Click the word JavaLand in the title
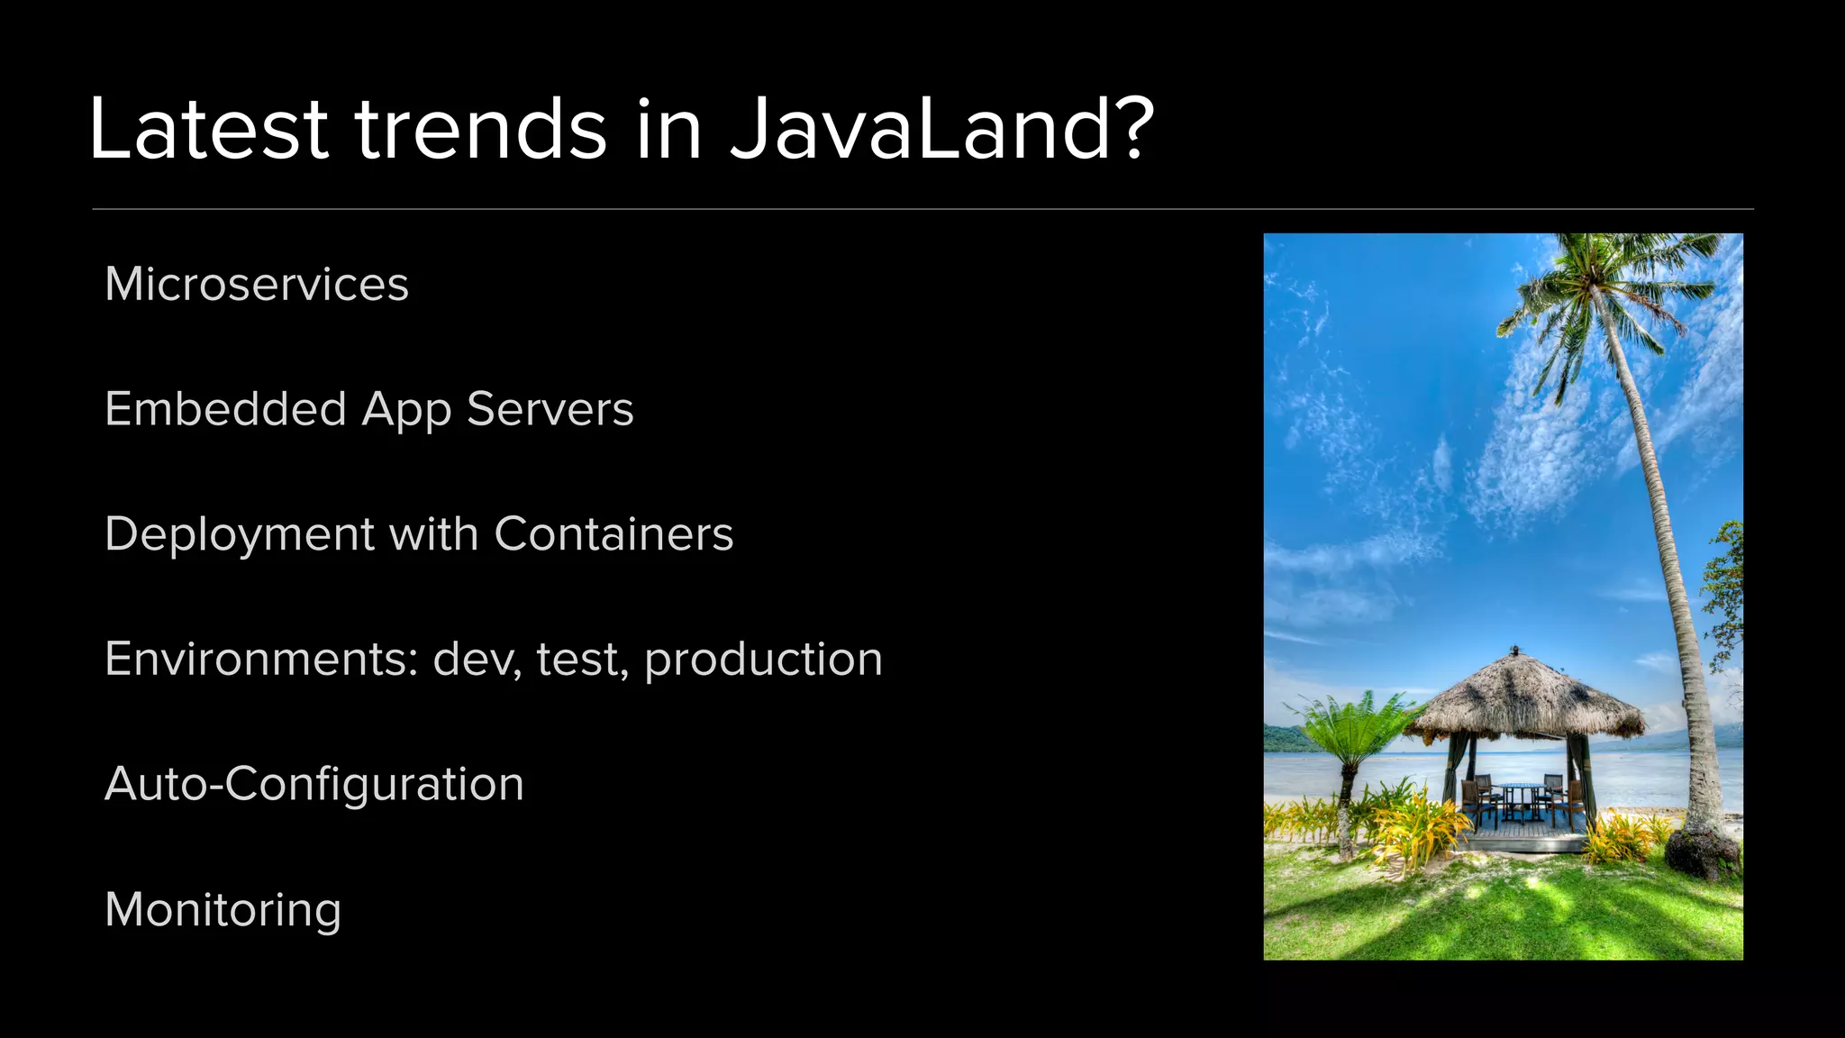point(919,131)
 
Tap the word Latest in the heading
point(208,131)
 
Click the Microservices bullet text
point(257,285)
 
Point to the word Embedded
point(226,410)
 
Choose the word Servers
point(550,410)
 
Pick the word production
point(763,660)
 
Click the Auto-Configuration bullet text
point(314,784)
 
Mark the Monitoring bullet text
point(223,910)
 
